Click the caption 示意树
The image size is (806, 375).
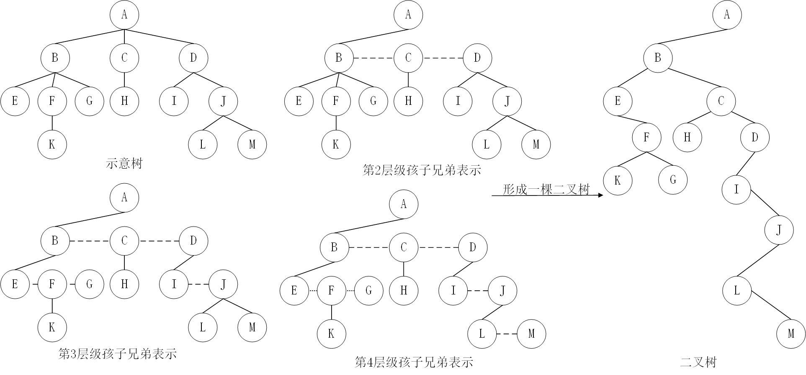[124, 164]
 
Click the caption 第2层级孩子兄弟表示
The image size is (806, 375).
[422, 170]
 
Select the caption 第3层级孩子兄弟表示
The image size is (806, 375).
[118, 354]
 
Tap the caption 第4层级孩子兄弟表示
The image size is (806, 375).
[414, 362]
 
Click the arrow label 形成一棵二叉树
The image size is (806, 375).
[546, 190]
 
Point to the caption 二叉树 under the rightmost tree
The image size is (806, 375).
[698, 362]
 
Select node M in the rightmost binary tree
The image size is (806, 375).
[791, 334]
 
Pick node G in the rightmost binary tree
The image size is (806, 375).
[673, 180]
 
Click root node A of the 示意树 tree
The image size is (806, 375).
[124, 15]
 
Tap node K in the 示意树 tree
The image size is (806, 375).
[52, 144]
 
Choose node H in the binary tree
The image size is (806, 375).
[687, 137]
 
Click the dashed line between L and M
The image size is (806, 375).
[507, 334]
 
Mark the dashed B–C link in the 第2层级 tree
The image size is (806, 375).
[373, 58]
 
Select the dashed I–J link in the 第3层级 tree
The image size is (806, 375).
[198, 285]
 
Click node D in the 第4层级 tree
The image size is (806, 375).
[473, 247]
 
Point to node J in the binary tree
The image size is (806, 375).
[779, 230]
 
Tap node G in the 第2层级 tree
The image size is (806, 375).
[373, 101]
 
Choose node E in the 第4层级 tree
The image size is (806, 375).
[294, 290]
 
